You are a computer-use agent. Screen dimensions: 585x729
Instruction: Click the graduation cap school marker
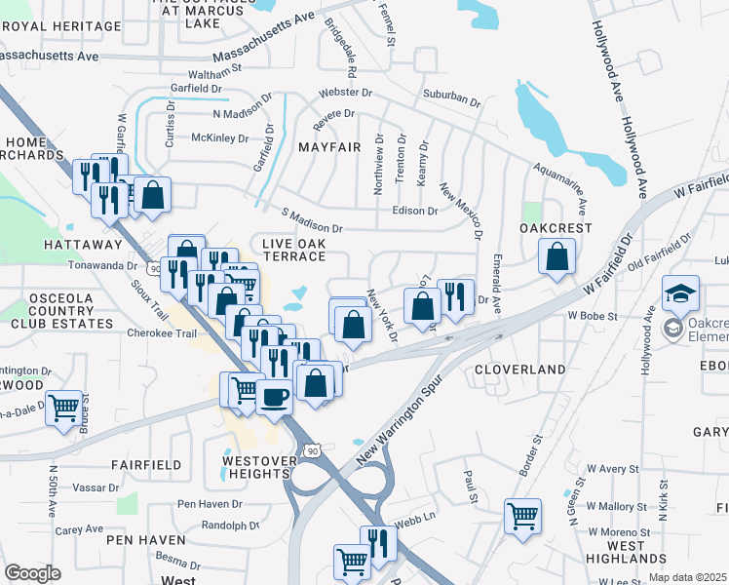click(x=680, y=293)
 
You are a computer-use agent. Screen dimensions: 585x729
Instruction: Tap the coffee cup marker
click(x=275, y=398)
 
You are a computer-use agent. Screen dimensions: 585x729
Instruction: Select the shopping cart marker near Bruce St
click(x=63, y=408)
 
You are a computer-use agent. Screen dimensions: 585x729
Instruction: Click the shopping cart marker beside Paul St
click(x=523, y=514)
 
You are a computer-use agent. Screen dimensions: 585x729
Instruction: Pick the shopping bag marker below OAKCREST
click(x=556, y=257)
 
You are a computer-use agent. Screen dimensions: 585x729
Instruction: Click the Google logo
click(x=32, y=573)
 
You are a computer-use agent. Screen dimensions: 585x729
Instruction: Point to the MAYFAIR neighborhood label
click(x=329, y=147)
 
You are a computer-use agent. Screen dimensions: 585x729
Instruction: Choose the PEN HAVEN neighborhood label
click(x=146, y=539)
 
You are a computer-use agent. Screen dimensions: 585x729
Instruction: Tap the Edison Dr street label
click(x=414, y=211)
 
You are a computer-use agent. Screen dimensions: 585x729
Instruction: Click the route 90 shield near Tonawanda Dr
click(x=154, y=267)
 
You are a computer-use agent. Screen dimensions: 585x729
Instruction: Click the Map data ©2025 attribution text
click(x=688, y=577)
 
